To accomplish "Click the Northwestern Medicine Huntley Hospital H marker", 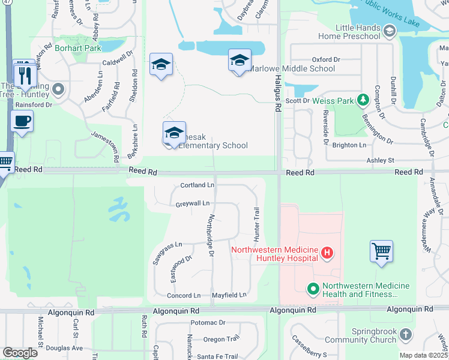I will point(327,253).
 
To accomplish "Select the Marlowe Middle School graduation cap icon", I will point(239,61).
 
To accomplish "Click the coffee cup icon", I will point(22,121).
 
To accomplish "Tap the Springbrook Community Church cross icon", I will point(406,334).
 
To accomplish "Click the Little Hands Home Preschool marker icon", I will point(389,30).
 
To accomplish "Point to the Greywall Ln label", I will point(193,204).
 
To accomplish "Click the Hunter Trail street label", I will point(256,221).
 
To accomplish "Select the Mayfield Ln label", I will point(229,295).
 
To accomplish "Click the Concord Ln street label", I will point(184,296).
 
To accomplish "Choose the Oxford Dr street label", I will point(326,59).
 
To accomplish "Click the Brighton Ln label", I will point(349,145).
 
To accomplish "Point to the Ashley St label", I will point(380,160).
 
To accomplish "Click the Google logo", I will point(20,353).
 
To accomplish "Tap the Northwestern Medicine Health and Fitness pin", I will point(313,290).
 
